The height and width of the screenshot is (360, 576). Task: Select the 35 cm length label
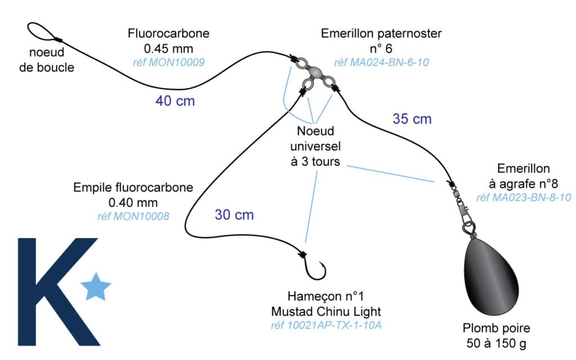(412, 119)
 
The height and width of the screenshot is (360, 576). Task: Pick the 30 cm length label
(234, 214)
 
